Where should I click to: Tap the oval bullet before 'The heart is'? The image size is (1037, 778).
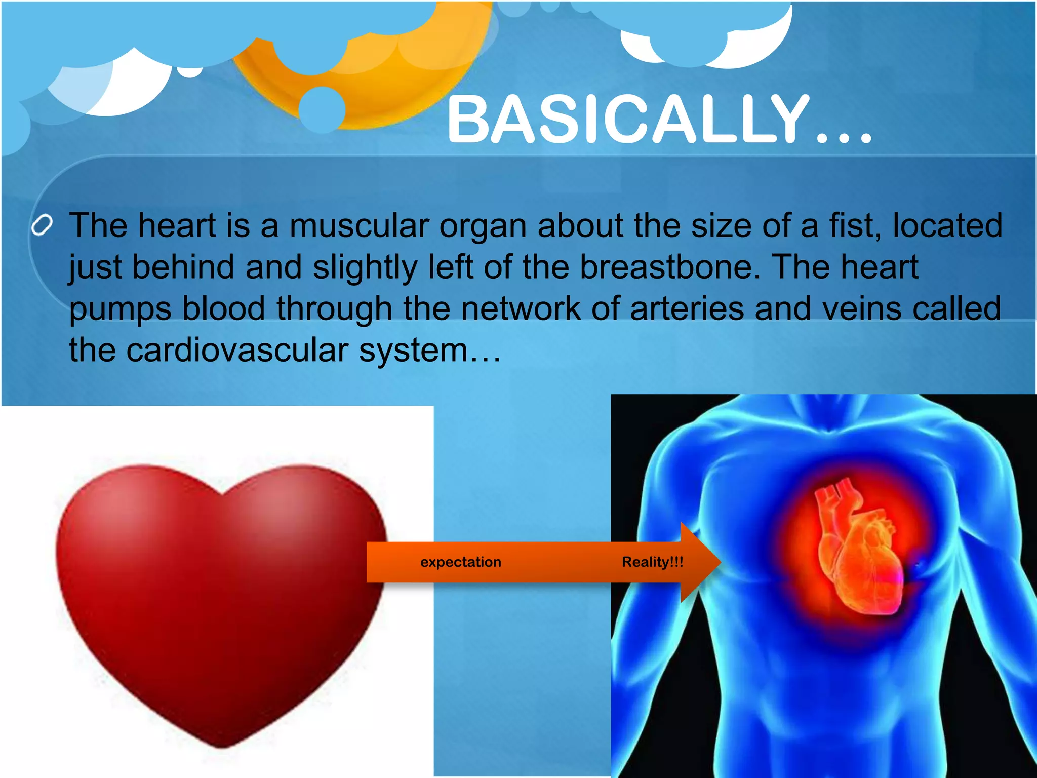(x=42, y=225)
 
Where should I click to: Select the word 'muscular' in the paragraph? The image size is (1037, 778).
(x=359, y=225)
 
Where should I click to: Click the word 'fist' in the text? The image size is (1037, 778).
(x=855, y=225)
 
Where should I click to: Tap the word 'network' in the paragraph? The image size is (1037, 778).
(x=521, y=308)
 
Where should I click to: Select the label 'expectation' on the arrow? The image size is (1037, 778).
(x=460, y=562)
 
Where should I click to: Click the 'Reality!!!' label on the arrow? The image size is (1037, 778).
(x=652, y=562)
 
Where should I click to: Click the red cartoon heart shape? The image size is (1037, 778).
(x=220, y=598)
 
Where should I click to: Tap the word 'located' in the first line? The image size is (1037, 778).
(x=947, y=225)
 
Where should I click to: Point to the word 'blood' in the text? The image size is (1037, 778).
(x=223, y=308)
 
